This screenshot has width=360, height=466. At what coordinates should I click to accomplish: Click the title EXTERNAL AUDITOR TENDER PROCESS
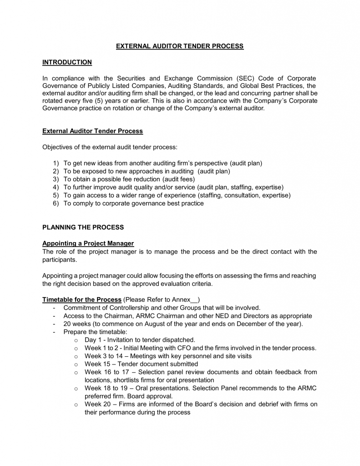click(180, 46)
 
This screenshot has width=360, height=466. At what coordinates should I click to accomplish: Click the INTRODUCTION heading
click(67, 62)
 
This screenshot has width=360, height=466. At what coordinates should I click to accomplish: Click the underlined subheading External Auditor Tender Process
click(92, 131)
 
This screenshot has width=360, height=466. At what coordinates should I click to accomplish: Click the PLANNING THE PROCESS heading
click(83, 227)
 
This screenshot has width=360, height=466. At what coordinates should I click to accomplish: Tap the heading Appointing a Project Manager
click(88, 243)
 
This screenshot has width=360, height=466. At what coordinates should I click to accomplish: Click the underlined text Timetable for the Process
click(82, 299)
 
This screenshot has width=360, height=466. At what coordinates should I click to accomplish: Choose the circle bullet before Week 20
click(76, 405)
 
